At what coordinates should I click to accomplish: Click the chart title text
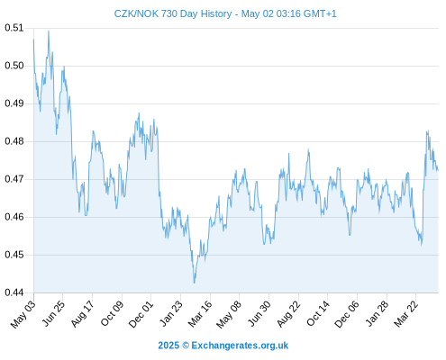tap(225, 13)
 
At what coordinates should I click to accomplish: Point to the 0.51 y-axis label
tap(14, 28)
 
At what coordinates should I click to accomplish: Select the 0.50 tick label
tap(14, 66)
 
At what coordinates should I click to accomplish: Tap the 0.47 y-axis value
tap(14, 179)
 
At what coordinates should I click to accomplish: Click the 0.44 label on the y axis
tap(14, 292)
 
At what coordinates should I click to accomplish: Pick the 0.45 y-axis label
tap(14, 255)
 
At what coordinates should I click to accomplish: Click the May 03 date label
tap(23, 314)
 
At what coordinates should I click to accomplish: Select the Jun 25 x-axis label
tap(53, 313)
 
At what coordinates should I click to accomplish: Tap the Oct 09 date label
tap(112, 313)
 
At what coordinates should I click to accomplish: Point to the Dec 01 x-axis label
tap(141, 314)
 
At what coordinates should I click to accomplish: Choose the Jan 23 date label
tap(170, 313)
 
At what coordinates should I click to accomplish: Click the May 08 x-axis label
tap(229, 314)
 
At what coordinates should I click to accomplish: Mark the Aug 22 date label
tap(288, 314)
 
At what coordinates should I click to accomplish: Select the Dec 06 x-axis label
tap(347, 314)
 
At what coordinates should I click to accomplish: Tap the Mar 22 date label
tap(406, 314)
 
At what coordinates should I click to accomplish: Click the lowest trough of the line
tap(195, 283)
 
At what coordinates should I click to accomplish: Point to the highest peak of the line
tap(49, 31)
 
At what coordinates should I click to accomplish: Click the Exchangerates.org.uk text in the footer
tap(240, 346)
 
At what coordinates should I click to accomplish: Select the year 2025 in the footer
tap(168, 346)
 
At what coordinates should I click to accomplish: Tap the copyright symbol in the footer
tap(186, 346)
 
